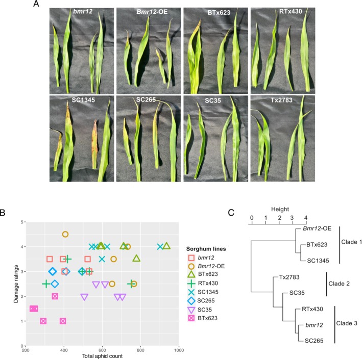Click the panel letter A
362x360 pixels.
tap(36, 5)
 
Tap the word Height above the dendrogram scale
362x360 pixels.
tap(277, 208)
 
